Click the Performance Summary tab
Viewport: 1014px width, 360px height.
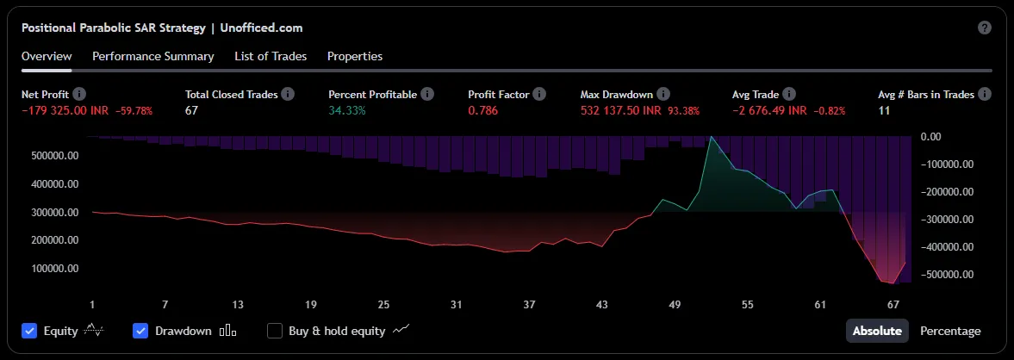[x=152, y=56]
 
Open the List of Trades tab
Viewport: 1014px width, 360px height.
[x=271, y=56]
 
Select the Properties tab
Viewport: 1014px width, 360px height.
[x=355, y=56]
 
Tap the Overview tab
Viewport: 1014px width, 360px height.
[x=47, y=56]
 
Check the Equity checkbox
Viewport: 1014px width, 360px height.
[x=30, y=331]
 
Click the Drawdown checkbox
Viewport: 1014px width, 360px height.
[x=141, y=331]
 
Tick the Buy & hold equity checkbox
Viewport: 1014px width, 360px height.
[x=275, y=331]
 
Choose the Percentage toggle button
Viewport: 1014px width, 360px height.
[x=950, y=331]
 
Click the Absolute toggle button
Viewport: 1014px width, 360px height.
[x=877, y=331]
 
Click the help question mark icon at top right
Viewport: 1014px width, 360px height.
[x=985, y=28]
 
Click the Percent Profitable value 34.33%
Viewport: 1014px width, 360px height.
[x=347, y=110]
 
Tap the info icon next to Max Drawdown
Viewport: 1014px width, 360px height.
[x=663, y=94]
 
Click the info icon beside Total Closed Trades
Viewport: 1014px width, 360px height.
[x=288, y=94]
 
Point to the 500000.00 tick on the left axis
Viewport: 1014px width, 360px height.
[x=55, y=156]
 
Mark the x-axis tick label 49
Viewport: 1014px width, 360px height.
[x=675, y=304]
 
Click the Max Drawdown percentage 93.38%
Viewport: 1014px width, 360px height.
[x=684, y=110]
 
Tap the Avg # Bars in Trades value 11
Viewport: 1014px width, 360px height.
[x=884, y=110]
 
